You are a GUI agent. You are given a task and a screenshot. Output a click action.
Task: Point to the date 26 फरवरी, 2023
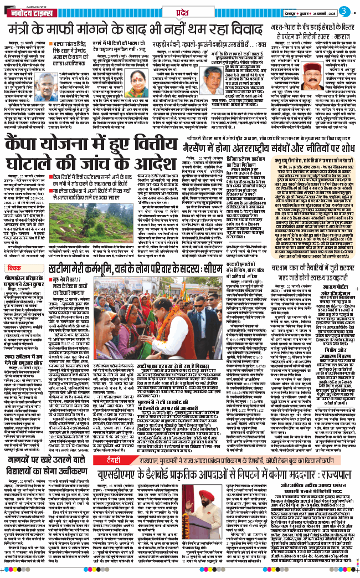(321, 11)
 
